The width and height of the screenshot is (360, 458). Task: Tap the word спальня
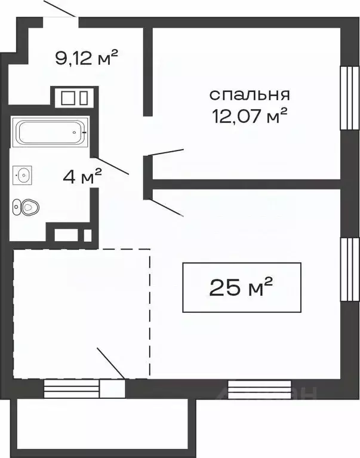[x=250, y=94]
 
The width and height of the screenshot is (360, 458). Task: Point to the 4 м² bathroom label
[x=82, y=176]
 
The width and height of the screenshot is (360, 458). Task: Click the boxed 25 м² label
[x=241, y=287]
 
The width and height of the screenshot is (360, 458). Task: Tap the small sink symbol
[x=23, y=174]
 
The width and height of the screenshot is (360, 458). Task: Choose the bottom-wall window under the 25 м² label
[x=251, y=389]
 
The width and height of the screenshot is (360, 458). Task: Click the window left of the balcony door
[x=72, y=389]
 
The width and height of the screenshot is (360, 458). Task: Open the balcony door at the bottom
[x=112, y=389]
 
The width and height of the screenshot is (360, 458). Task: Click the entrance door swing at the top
[x=60, y=10]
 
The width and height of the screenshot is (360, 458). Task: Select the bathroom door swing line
[x=113, y=166]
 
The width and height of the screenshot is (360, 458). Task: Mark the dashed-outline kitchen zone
[x=81, y=313]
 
